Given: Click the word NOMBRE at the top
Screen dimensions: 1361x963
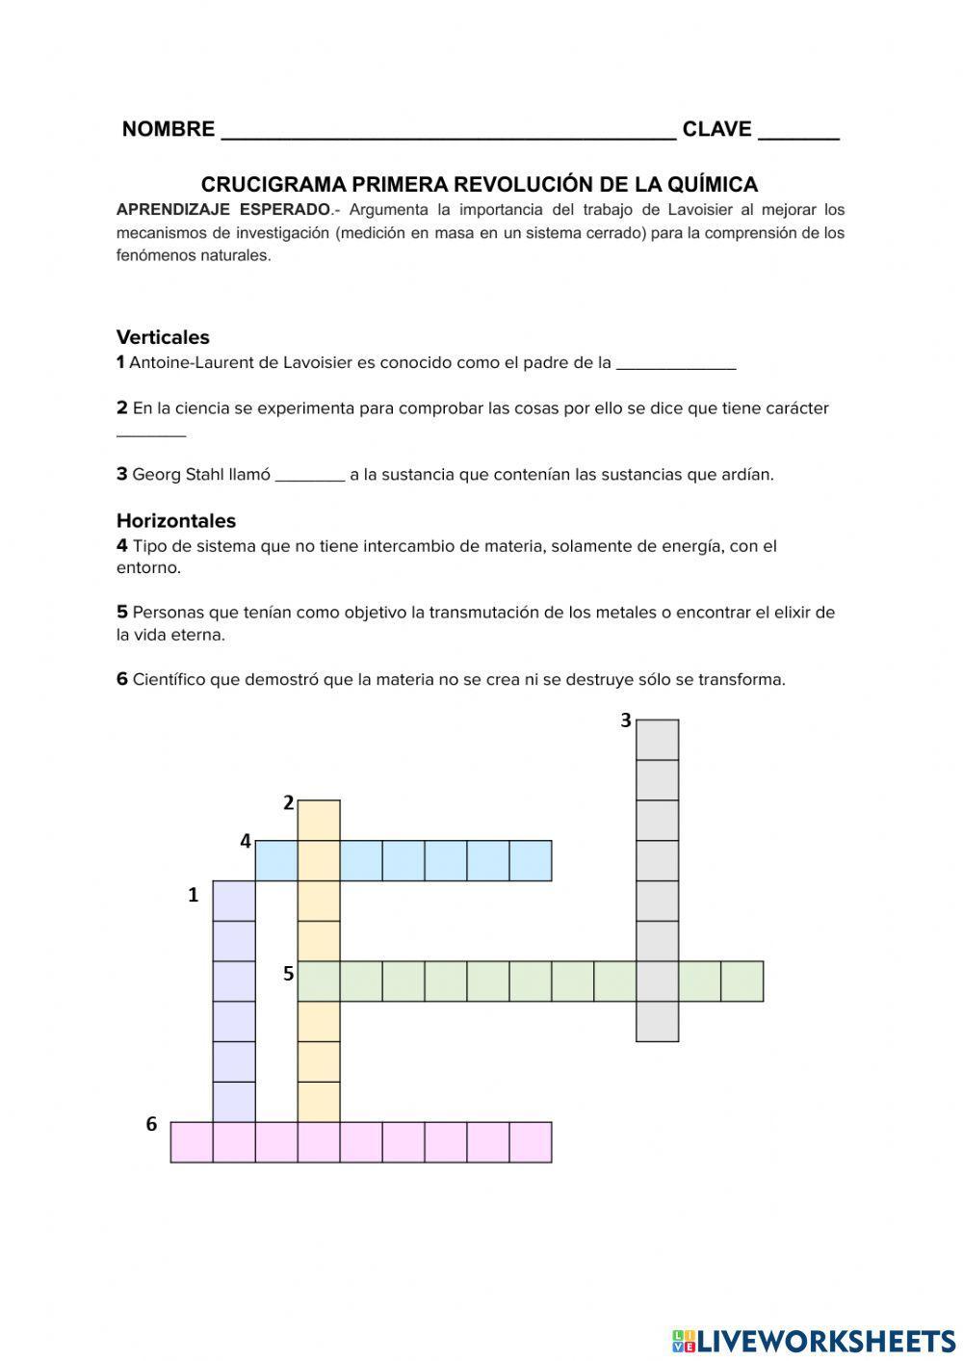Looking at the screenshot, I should (x=168, y=129).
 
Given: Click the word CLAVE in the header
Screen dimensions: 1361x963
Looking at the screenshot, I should (x=716, y=129).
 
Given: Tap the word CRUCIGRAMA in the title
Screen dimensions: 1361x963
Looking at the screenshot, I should (x=273, y=184).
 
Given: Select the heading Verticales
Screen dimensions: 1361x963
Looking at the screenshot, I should (x=163, y=337).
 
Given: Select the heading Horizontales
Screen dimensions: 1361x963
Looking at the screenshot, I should (x=175, y=521).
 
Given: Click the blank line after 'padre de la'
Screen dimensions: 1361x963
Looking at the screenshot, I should (x=675, y=364).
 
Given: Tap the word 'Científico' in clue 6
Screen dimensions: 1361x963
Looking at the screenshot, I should (x=169, y=680).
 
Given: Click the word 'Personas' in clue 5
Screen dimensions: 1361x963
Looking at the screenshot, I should (x=165, y=613).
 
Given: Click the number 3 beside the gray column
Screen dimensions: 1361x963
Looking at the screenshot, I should (x=625, y=720).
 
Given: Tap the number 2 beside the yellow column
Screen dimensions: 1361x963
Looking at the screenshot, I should (x=287, y=802).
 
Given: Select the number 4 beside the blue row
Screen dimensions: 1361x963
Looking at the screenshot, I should (x=246, y=842).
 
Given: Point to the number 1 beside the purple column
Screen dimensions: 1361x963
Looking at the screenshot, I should (x=193, y=896).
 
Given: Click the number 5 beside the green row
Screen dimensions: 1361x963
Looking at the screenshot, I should (x=288, y=974).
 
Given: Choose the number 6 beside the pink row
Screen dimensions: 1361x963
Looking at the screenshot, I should (x=151, y=1124).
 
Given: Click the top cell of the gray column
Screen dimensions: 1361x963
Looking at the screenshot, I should (x=657, y=740).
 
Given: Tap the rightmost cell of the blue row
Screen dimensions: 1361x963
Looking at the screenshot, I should (x=530, y=861).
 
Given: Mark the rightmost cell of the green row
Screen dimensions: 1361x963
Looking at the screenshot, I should (x=742, y=981).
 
